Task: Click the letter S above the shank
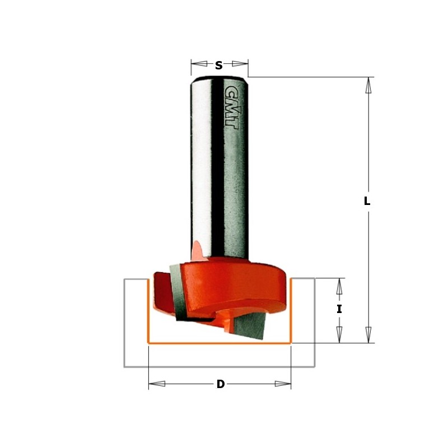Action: click(x=219, y=66)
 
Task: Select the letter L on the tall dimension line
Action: click(x=367, y=201)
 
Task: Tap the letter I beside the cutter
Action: click(x=339, y=309)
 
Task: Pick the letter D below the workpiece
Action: click(x=220, y=384)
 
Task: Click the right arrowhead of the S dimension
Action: click(x=240, y=64)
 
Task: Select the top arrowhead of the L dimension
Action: click(x=368, y=85)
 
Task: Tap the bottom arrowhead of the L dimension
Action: click(x=368, y=334)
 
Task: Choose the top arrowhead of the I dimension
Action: click(x=339, y=287)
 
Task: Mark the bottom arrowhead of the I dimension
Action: click(x=339, y=335)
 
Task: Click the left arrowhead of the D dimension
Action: click(x=157, y=384)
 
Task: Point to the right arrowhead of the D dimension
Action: click(x=283, y=384)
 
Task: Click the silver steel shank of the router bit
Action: click(x=218, y=168)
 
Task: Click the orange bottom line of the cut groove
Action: click(x=218, y=342)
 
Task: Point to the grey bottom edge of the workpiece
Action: click(x=218, y=367)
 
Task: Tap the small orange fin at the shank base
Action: click(x=197, y=249)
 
